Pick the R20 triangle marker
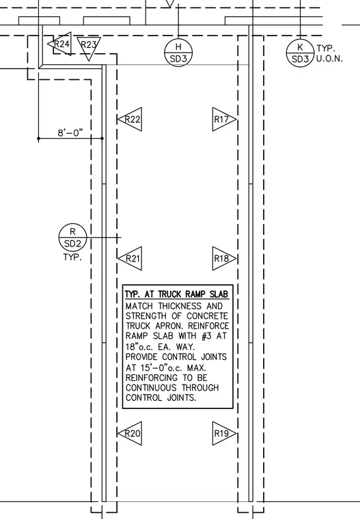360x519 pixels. pos(130,433)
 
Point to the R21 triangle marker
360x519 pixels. pos(130,259)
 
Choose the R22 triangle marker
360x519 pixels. pos(130,119)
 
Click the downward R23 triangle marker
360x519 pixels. pos(89,46)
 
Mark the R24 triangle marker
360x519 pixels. pos(60,44)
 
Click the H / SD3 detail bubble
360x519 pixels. pos(178,53)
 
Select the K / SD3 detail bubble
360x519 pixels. pos(300,53)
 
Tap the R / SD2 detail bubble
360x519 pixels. pos(72,238)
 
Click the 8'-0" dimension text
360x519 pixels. pos(70,132)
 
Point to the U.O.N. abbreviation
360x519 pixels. pos(329,59)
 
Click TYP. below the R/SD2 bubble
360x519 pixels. pos(72,257)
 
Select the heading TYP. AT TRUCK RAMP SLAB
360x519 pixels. pos(177,294)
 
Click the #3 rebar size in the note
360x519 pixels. pos(207,336)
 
